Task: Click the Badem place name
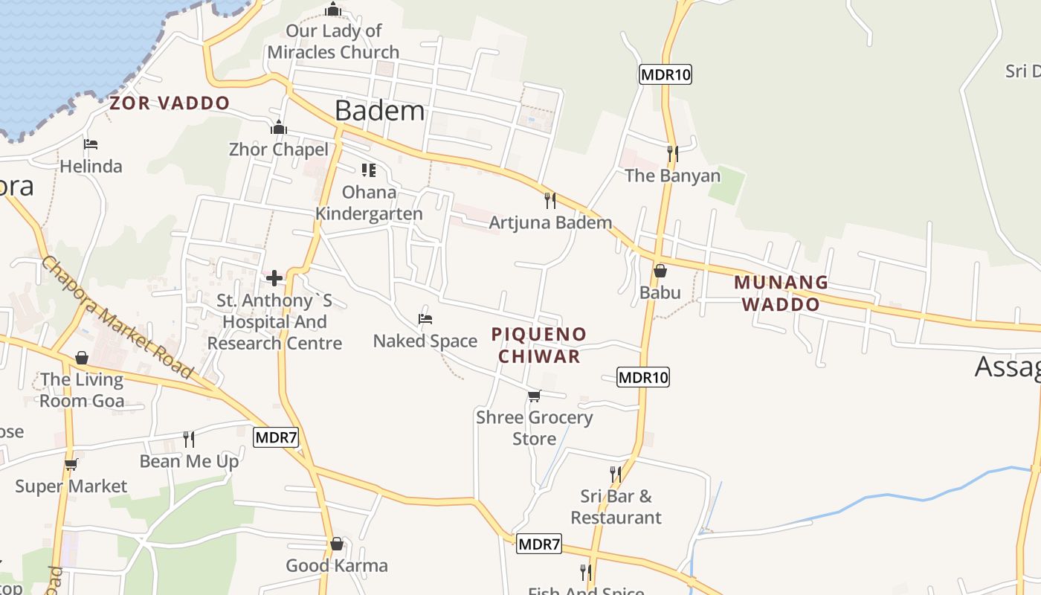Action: pyautogui.click(x=379, y=111)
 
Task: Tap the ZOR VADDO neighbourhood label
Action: pyautogui.click(x=170, y=103)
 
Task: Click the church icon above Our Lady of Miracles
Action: pyautogui.click(x=333, y=10)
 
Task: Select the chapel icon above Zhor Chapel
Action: pyautogui.click(x=279, y=128)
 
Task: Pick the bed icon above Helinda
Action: pyautogui.click(x=91, y=144)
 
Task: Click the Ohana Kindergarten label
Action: pyautogui.click(x=369, y=203)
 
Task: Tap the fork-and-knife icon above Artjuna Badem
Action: pyautogui.click(x=550, y=201)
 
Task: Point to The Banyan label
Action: pyautogui.click(x=672, y=176)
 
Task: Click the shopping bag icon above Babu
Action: pyautogui.click(x=660, y=271)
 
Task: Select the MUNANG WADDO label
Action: pyautogui.click(x=781, y=293)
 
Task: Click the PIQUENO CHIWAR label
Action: pyautogui.click(x=539, y=345)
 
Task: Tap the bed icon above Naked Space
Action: pyautogui.click(x=425, y=319)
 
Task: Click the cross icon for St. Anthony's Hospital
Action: pyautogui.click(x=274, y=279)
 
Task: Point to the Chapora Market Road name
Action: pyautogui.click(x=117, y=317)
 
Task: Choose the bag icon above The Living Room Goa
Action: pyautogui.click(x=82, y=358)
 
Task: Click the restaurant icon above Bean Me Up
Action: pyautogui.click(x=189, y=440)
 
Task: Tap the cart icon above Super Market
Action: pyautogui.click(x=71, y=465)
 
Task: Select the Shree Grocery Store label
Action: pyautogui.click(x=534, y=428)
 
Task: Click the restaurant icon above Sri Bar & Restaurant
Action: pyautogui.click(x=615, y=474)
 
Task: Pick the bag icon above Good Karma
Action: pyautogui.click(x=337, y=544)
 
